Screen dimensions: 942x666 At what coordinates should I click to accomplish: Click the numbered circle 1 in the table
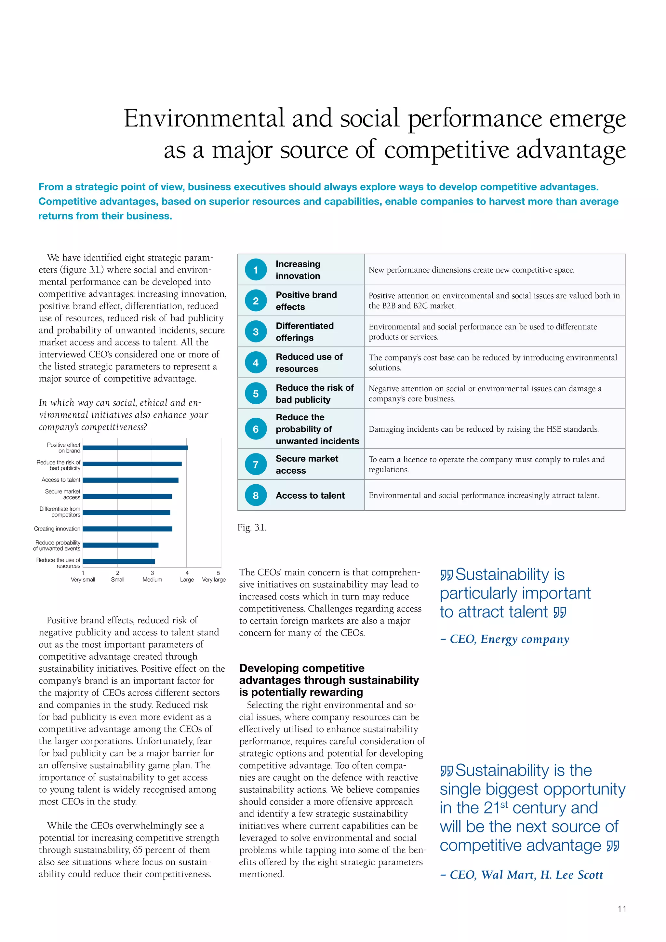click(x=256, y=270)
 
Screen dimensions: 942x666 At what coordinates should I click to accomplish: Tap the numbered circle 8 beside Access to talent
click(x=256, y=495)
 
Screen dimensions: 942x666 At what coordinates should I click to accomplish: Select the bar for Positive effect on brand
click(x=135, y=448)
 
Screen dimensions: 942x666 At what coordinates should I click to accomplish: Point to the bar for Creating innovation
click(x=127, y=529)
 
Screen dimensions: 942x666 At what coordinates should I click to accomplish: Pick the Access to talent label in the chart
click(x=61, y=479)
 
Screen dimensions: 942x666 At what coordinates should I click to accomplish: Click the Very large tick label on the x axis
click(x=214, y=580)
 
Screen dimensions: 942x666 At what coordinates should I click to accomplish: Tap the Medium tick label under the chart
click(x=152, y=580)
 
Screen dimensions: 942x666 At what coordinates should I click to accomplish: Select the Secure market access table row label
click(x=307, y=464)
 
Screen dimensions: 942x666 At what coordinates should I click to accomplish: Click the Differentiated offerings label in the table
click(x=305, y=331)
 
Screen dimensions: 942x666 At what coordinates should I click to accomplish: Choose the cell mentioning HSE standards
click(x=484, y=429)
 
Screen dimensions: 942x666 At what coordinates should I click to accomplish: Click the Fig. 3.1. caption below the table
click(x=252, y=528)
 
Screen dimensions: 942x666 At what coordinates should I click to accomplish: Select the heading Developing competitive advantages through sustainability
click(x=328, y=680)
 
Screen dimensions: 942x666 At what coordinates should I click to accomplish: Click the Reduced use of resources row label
click(x=309, y=363)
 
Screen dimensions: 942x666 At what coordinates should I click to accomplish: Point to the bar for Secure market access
click(x=127, y=496)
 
